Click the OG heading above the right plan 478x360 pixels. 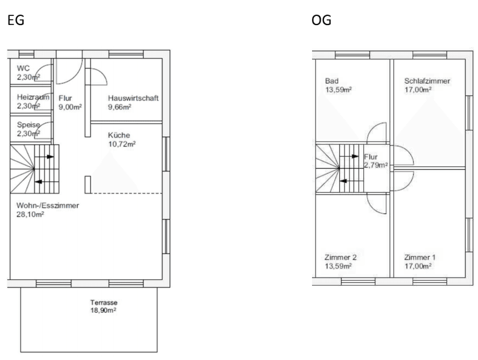pyautogui.click(x=321, y=21)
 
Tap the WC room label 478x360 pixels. pyautogui.click(x=23, y=68)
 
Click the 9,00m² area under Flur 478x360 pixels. pyautogui.click(x=69, y=106)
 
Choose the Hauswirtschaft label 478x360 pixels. pyautogui.click(x=133, y=98)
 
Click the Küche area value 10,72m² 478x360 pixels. pyautogui.click(x=120, y=144)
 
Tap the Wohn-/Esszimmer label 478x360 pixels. pyautogui.click(x=48, y=206)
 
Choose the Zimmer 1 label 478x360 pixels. pyautogui.click(x=420, y=257)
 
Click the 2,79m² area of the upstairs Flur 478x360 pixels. pyautogui.click(x=376, y=165)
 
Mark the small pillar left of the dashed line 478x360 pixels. pyautogui.click(x=88, y=185)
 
